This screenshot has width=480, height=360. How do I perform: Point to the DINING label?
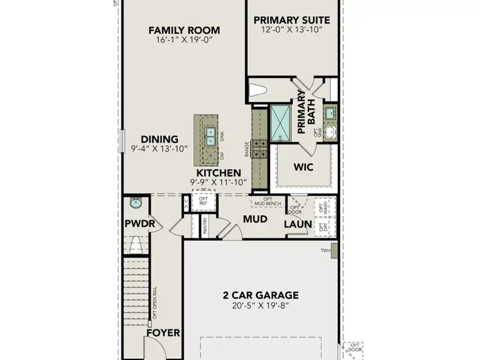(x=160, y=139)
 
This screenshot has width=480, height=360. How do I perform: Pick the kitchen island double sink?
(x=210, y=137)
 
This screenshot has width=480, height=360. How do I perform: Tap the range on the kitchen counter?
(x=259, y=148)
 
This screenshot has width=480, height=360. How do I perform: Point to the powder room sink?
(x=136, y=203)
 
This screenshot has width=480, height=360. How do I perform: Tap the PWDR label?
(x=140, y=224)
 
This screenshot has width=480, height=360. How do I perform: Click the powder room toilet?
(x=136, y=244)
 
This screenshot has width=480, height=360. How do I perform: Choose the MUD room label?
(x=255, y=219)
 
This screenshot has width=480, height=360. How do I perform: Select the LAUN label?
(x=298, y=224)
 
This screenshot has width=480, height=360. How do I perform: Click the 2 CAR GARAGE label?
(x=260, y=295)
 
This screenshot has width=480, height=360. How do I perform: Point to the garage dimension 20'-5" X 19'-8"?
(x=260, y=305)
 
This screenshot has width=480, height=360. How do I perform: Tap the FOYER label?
(x=164, y=332)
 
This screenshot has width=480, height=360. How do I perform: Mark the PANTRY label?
(x=205, y=226)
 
